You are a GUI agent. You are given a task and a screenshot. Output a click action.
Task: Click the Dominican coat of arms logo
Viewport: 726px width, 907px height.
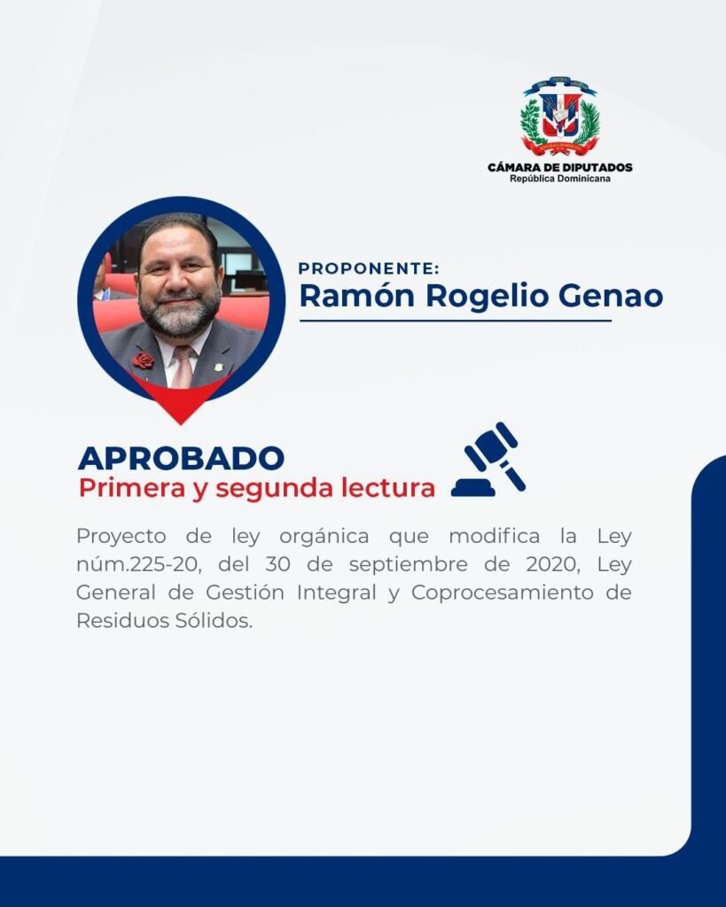click(x=559, y=116)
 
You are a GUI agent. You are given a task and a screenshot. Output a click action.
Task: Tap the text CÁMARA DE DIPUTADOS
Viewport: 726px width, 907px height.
click(x=560, y=167)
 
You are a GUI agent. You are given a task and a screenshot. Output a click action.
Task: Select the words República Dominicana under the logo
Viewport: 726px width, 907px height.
click(x=560, y=179)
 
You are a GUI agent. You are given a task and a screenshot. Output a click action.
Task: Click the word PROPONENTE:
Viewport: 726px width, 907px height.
click(x=369, y=268)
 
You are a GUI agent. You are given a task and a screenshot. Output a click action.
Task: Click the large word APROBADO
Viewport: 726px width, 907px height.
click(x=181, y=458)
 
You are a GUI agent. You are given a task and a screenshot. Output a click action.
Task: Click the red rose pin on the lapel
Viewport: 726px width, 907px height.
click(x=143, y=360)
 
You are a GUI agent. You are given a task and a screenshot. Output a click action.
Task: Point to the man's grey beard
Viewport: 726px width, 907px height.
click(x=179, y=313)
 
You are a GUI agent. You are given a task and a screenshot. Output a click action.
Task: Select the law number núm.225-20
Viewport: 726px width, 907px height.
click(x=139, y=564)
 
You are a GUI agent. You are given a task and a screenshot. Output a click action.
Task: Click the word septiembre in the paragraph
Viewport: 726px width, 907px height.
click(x=408, y=565)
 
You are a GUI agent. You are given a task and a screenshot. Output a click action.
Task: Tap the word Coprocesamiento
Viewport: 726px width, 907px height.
click(x=503, y=593)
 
